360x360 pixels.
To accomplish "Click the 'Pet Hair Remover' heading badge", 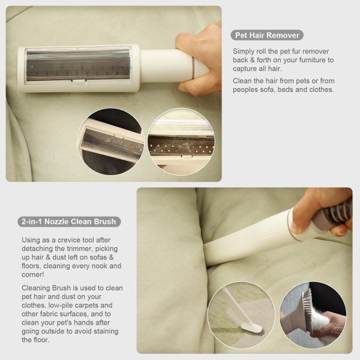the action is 267,35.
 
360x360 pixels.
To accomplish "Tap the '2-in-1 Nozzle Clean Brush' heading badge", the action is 69,221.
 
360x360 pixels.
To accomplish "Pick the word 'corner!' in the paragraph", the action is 32,275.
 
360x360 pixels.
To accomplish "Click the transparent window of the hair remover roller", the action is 78,65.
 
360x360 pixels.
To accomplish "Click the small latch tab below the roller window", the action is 79,80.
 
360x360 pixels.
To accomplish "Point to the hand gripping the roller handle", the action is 200,58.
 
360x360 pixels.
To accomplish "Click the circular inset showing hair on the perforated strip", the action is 181,142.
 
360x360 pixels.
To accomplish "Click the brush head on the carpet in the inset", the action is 252,328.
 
